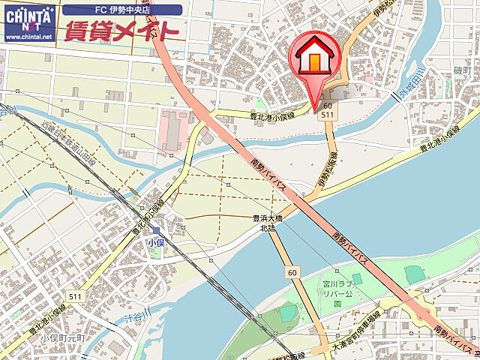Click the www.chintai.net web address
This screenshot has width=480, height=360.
(29, 36)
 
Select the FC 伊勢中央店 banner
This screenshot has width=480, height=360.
(123, 10)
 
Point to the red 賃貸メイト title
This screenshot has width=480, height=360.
(121, 31)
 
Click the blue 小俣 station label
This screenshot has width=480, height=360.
(155, 243)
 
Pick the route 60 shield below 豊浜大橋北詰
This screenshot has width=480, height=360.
(292, 272)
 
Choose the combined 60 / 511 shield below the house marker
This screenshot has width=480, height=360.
(327, 112)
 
